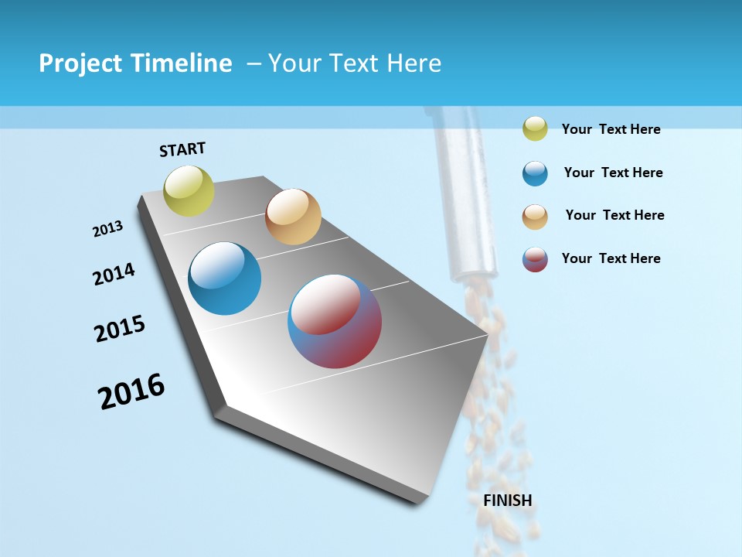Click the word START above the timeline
click(182, 149)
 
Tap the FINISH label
click(508, 501)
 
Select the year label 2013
click(108, 228)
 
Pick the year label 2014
click(114, 274)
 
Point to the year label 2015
click(120, 329)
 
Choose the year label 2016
click(131, 391)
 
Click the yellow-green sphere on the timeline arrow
click(189, 190)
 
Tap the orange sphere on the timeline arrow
click(293, 217)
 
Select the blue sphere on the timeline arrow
click(225, 278)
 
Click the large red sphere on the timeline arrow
click(335, 321)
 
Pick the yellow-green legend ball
click(535, 128)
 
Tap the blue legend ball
click(535, 173)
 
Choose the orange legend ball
click(535, 216)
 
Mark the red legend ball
click(535, 259)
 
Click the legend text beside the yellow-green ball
click(611, 129)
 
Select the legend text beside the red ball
click(611, 258)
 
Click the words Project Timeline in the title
click(135, 63)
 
